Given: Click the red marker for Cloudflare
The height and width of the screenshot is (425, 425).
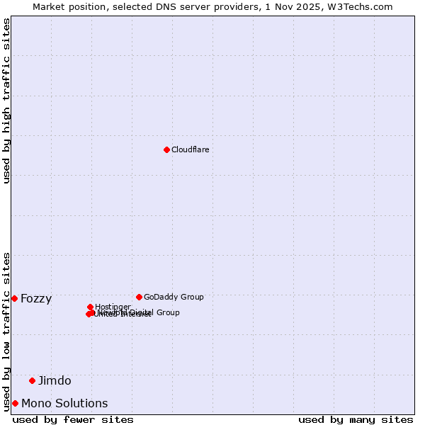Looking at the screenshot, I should pos(166,149).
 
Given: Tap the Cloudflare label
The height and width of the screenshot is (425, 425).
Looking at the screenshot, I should pos(190,149).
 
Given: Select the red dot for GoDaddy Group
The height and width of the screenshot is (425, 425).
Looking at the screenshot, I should pos(139,297).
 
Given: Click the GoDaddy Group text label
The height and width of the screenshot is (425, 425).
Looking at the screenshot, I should pos(174,297).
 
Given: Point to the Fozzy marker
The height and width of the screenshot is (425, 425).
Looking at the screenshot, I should pos(14,298).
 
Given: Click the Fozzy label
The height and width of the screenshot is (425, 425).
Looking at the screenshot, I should pos(36,298).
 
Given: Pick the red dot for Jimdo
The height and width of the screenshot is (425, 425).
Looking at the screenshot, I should pos(32,380).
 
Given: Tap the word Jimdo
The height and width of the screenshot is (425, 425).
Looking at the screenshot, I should pos(55,380).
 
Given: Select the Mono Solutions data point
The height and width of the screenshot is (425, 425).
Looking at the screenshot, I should pos(15,403).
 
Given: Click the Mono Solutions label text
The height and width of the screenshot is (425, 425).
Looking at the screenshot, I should pos(64,403).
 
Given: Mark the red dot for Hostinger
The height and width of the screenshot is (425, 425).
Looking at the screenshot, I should pos(90,307).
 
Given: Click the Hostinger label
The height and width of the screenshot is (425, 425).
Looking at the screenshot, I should pos(113,307).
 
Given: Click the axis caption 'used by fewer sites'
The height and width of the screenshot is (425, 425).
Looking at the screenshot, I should pos(73,419).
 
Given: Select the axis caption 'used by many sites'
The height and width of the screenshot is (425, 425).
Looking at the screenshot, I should pos(356,419).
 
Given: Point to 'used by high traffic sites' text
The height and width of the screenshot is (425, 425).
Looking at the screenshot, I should pos(7,101).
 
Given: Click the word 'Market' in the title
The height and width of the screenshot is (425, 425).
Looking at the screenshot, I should pos(50,6).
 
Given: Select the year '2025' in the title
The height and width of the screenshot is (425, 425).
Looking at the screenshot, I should pos(317,6).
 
